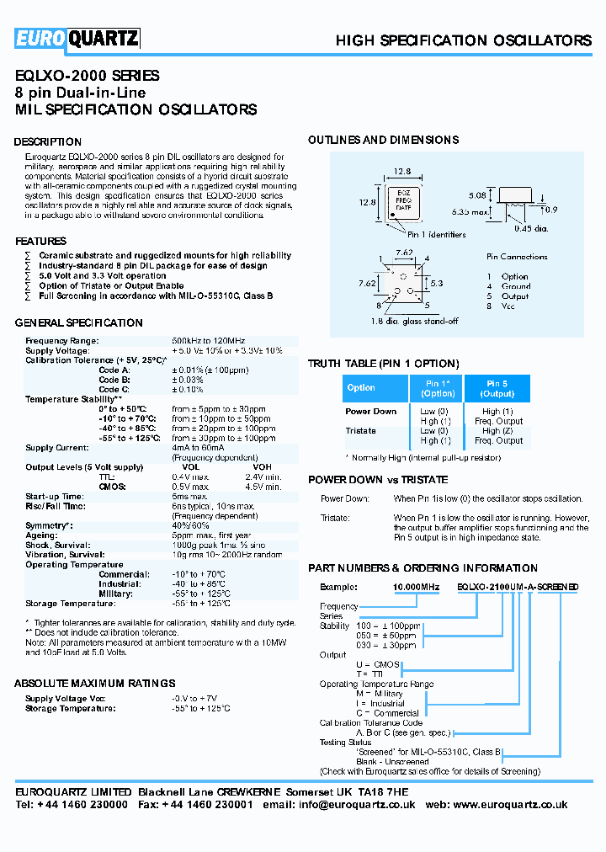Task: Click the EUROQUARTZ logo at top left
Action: coord(77,38)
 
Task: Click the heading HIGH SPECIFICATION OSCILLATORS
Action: coord(463,40)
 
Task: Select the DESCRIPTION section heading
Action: coord(48,141)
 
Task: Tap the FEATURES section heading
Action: coord(40,242)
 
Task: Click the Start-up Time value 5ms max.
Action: coord(190,497)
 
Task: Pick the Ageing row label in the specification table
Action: coord(42,535)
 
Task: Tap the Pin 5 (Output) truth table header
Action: coord(497,388)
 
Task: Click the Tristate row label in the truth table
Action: coord(361,430)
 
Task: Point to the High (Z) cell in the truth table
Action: coord(497,430)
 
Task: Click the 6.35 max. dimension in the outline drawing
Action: coord(470,212)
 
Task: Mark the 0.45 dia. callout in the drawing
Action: coord(531,228)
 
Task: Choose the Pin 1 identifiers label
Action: coord(436,235)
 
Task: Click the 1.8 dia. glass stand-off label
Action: coord(414,321)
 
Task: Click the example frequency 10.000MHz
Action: coord(394,586)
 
